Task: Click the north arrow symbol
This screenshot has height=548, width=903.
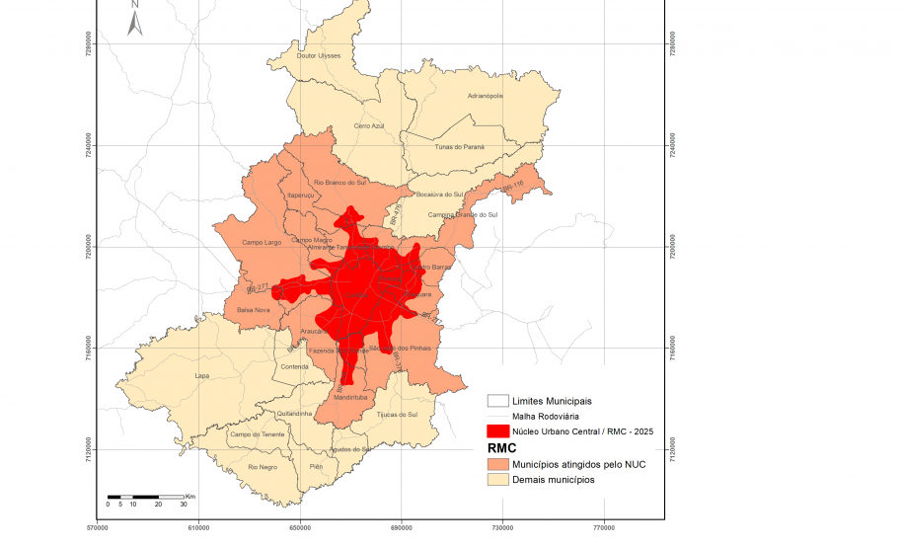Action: [x=135, y=19]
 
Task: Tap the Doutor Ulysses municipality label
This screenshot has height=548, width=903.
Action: [x=319, y=55]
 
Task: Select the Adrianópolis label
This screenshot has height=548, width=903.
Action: [x=485, y=96]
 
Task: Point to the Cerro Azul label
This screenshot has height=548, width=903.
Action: [x=368, y=126]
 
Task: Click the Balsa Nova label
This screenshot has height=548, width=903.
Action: [x=253, y=310]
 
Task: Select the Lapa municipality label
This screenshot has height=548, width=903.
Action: [x=202, y=376]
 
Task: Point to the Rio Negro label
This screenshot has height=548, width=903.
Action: [x=262, y=466]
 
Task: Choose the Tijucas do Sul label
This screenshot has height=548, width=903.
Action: [x=399, y=415]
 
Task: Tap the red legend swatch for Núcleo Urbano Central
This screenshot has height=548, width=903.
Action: [x=497, y=431]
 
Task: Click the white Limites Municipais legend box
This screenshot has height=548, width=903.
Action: [x=497, y=401]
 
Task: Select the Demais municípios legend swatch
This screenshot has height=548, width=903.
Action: [x=497, y=479]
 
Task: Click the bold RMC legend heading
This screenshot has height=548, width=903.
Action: [x=502, y=447]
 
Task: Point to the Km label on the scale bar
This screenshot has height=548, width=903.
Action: [x=190, y=496]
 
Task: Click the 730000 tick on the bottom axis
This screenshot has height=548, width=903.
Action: [x=503, y=528]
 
